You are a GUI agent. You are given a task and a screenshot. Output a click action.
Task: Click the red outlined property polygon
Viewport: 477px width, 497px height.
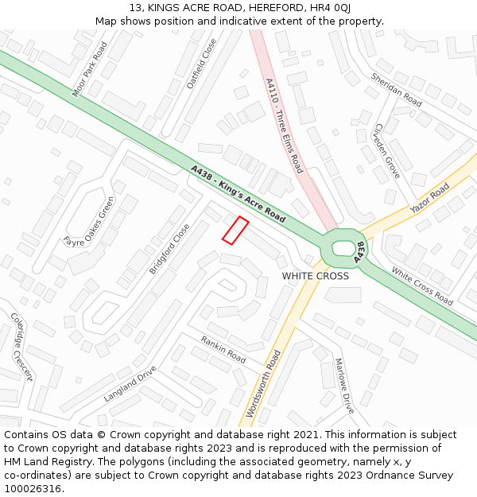pos(235,230)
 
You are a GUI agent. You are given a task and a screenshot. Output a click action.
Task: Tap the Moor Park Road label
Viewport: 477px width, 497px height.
pos(90,70)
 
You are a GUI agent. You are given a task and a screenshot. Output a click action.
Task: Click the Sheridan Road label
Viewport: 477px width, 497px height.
pos(396,89)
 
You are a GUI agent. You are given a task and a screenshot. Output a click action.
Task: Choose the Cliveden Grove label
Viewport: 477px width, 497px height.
pos(387,149)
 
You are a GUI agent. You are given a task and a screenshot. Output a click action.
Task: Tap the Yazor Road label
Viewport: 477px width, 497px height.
pos(429,199)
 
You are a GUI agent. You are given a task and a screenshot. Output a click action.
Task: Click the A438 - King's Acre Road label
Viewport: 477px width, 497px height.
pos(238,193)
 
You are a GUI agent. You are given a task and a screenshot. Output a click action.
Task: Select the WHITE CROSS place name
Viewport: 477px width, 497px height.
pos(316,276)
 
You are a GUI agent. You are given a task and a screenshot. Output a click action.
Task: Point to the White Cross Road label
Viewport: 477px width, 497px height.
pos(422,285)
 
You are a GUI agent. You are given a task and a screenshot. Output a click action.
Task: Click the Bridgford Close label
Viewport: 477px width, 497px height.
pos(169,249)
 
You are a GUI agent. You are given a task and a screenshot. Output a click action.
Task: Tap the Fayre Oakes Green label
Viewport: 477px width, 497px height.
pos(89,220)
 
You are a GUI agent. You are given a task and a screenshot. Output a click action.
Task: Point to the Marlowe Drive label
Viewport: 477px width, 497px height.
pos(343,386)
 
